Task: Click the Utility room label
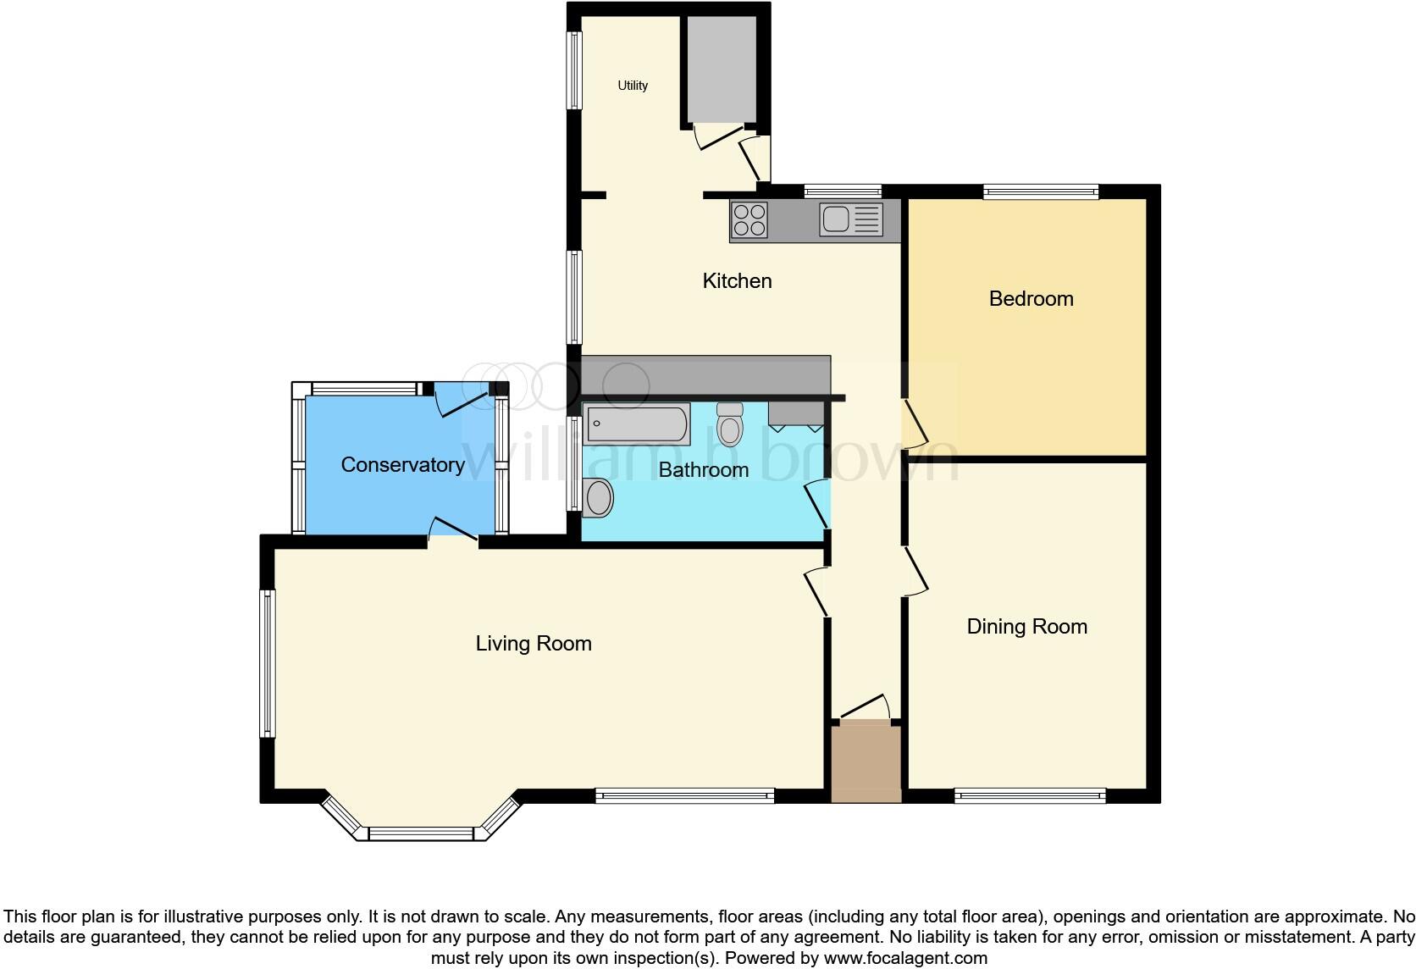[633, 86]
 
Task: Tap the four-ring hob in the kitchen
[749, 219]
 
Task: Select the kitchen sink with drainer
[850, 219]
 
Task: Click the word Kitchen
[737, 281]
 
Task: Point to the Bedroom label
[1031, 299]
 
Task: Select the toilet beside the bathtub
[729, 424]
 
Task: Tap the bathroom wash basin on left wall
[598, 497]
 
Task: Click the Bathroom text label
[703, 470]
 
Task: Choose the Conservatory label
[402, 465]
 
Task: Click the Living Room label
[534, 644]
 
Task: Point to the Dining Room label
[1026, 627]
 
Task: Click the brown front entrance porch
[866, 763]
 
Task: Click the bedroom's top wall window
[1041, 192]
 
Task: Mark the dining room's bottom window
[1030, 795]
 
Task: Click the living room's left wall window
[268, 663]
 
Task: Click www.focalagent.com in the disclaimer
[905, 959]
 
